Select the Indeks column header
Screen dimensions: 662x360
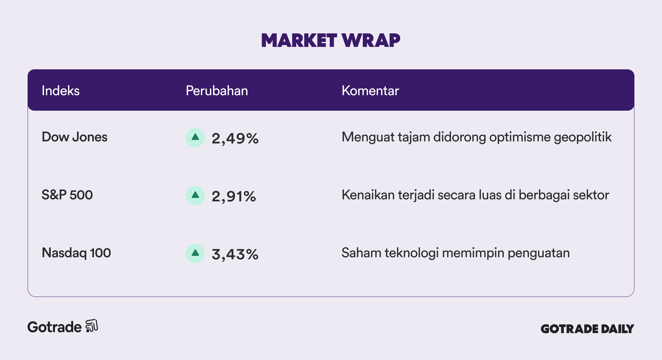tap(61, 91)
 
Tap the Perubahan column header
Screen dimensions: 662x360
tap(217, 91)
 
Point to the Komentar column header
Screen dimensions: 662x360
tap(370, 91)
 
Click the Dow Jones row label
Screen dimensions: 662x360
tap(74, 137)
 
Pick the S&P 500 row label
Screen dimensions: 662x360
tap(67, 195)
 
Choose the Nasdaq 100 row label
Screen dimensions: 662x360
tap(76, 253)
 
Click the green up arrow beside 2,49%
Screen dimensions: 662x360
tap(195, 137)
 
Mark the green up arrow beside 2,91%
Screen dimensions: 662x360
tap(195, 195)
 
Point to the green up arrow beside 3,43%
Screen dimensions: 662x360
tap(195, 253)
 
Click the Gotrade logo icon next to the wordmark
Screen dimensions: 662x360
tap(92, 326)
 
